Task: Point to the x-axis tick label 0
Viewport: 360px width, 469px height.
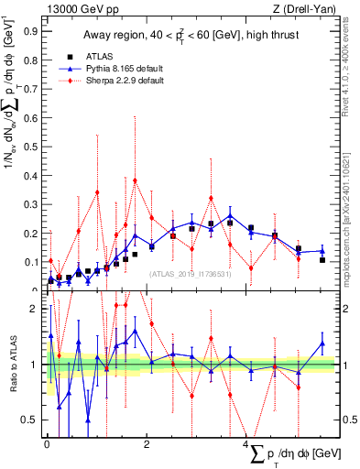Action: pos(47,443)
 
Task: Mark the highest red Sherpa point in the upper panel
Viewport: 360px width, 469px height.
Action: pos(135,180)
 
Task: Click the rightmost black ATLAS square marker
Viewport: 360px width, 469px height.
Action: pos(322,260)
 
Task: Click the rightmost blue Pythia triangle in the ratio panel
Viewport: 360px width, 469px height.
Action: pos(322,344)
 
